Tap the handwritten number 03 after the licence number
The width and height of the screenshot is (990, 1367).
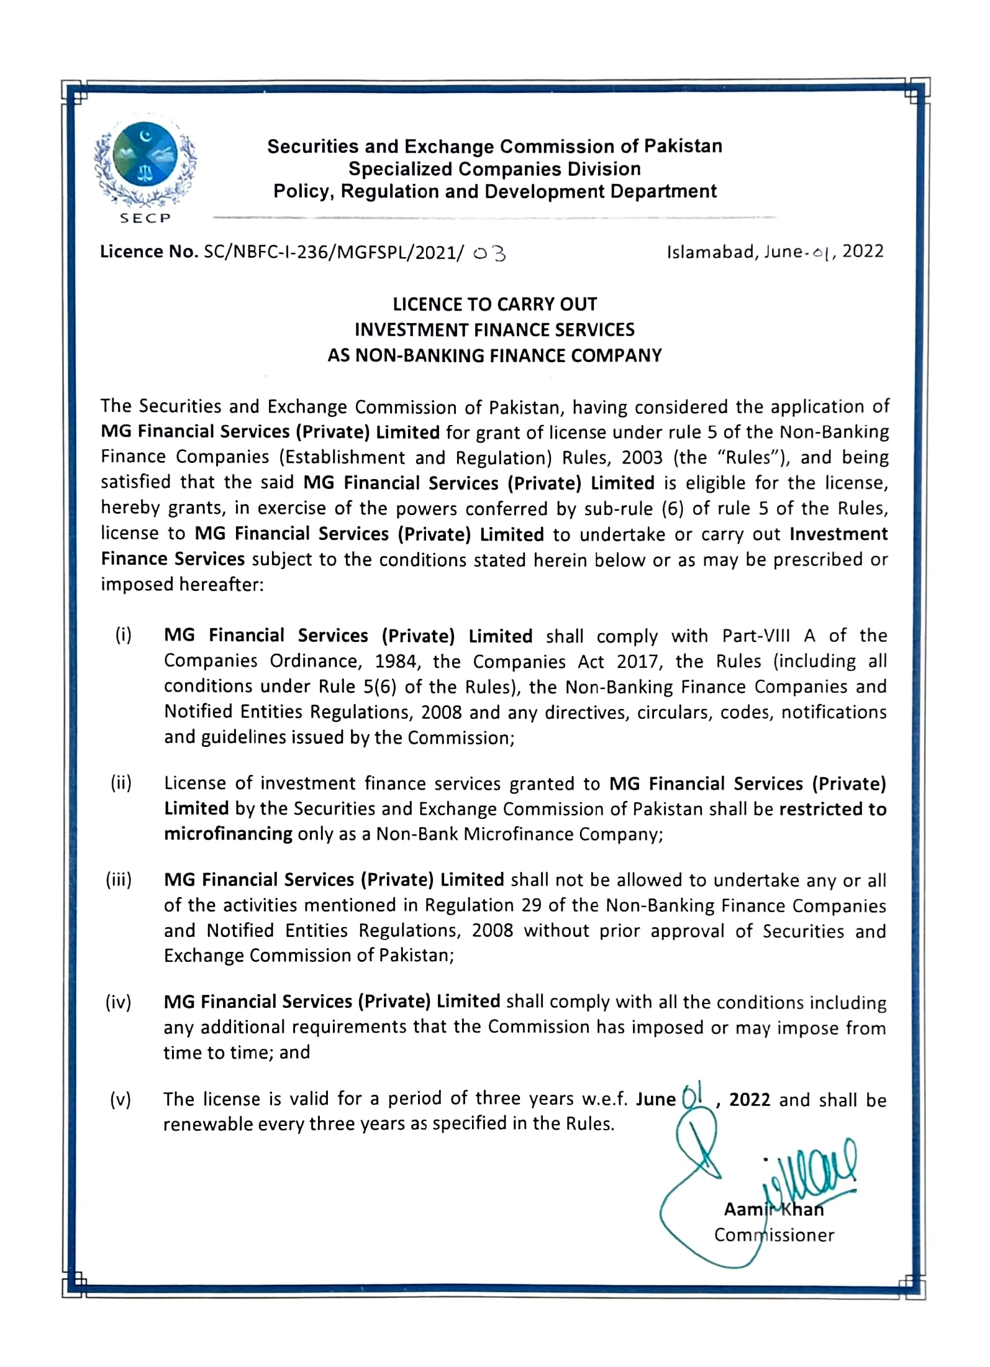pyautogui.click(x=489, y=254)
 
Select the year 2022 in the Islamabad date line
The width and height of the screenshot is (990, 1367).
pyautogui.click(x=863, y=251)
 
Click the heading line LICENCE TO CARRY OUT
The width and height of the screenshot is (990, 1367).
pyautogui.click(x=494, y=304)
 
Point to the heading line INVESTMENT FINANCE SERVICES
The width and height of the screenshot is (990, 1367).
pyautogui.click(x=494, y=329)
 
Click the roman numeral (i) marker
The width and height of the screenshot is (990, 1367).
pyautogui.click(x=123, y=635)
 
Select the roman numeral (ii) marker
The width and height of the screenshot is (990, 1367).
pyautogui.click(x=122, y=783)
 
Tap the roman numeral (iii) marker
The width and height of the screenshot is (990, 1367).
pyautogui.click(x=119, y=880)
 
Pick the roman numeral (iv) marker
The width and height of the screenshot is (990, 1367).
pyautogui.click(x=119, y=1002)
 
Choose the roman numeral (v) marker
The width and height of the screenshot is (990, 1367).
pyautogui.click(x=120, y=1100)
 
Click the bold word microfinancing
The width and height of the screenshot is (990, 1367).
pyautogui.click(x=228, y=834)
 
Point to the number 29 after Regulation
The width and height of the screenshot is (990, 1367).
pyautogui.click(x=532, y=905)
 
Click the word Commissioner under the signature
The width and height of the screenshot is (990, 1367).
pyautogui.click(x=774, y=1235)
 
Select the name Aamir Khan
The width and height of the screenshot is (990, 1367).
pyautogui.click(x=774, y=1209)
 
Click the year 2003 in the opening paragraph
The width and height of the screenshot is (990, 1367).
pyautogui.click(x=642, y=457)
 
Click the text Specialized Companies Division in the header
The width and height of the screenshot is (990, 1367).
pyautogui.click(x=494, y=169)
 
